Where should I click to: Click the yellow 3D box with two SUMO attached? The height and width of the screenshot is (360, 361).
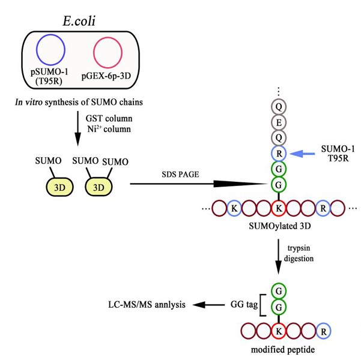tap(100, 186)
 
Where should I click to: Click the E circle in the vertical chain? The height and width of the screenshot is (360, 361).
tap(278, 122)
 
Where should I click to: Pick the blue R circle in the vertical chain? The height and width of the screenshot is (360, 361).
tap(278, 153)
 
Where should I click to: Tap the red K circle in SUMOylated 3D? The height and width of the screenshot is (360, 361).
tap(278, 209)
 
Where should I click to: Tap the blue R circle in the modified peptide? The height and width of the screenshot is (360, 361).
tap(323, 331)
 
